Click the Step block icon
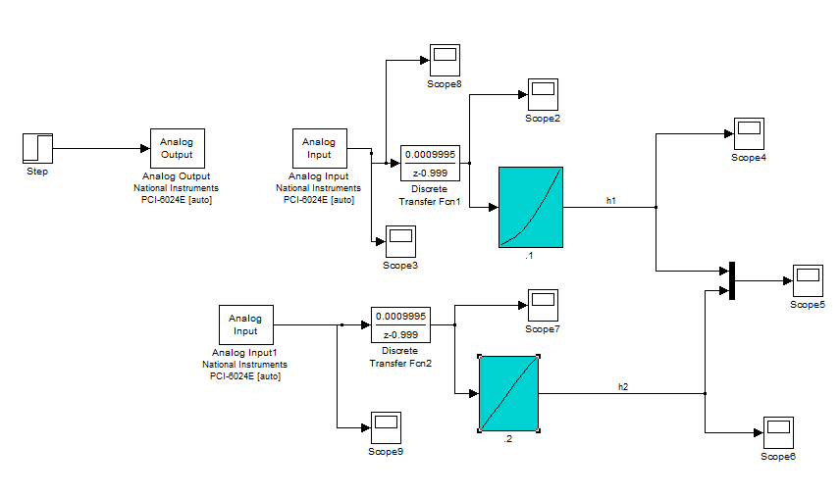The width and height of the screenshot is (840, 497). point(37,149)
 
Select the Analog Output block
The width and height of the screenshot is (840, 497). point(177,148)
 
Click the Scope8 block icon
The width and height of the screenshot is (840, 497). point(445,61)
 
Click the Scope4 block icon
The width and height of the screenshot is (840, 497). point(749,134)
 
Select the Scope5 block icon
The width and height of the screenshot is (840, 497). point(808,281)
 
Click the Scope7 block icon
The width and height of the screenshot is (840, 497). point(543,305)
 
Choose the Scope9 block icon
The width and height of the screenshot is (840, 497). point(386,428)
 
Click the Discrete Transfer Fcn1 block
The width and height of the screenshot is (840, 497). point(430,163)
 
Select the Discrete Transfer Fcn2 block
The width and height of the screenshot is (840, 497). point(400,324)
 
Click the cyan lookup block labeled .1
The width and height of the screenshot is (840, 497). point(531,206)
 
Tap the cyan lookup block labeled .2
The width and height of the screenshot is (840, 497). point(509,393)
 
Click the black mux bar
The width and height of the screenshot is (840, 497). point(732,281)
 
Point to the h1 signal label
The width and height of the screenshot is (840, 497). point(611,200)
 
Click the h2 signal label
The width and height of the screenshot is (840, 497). point(623,387)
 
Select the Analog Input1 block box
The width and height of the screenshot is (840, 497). point(245,324)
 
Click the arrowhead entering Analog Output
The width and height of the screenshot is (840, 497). point(144,149)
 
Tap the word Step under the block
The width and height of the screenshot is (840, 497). point(37,173)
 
